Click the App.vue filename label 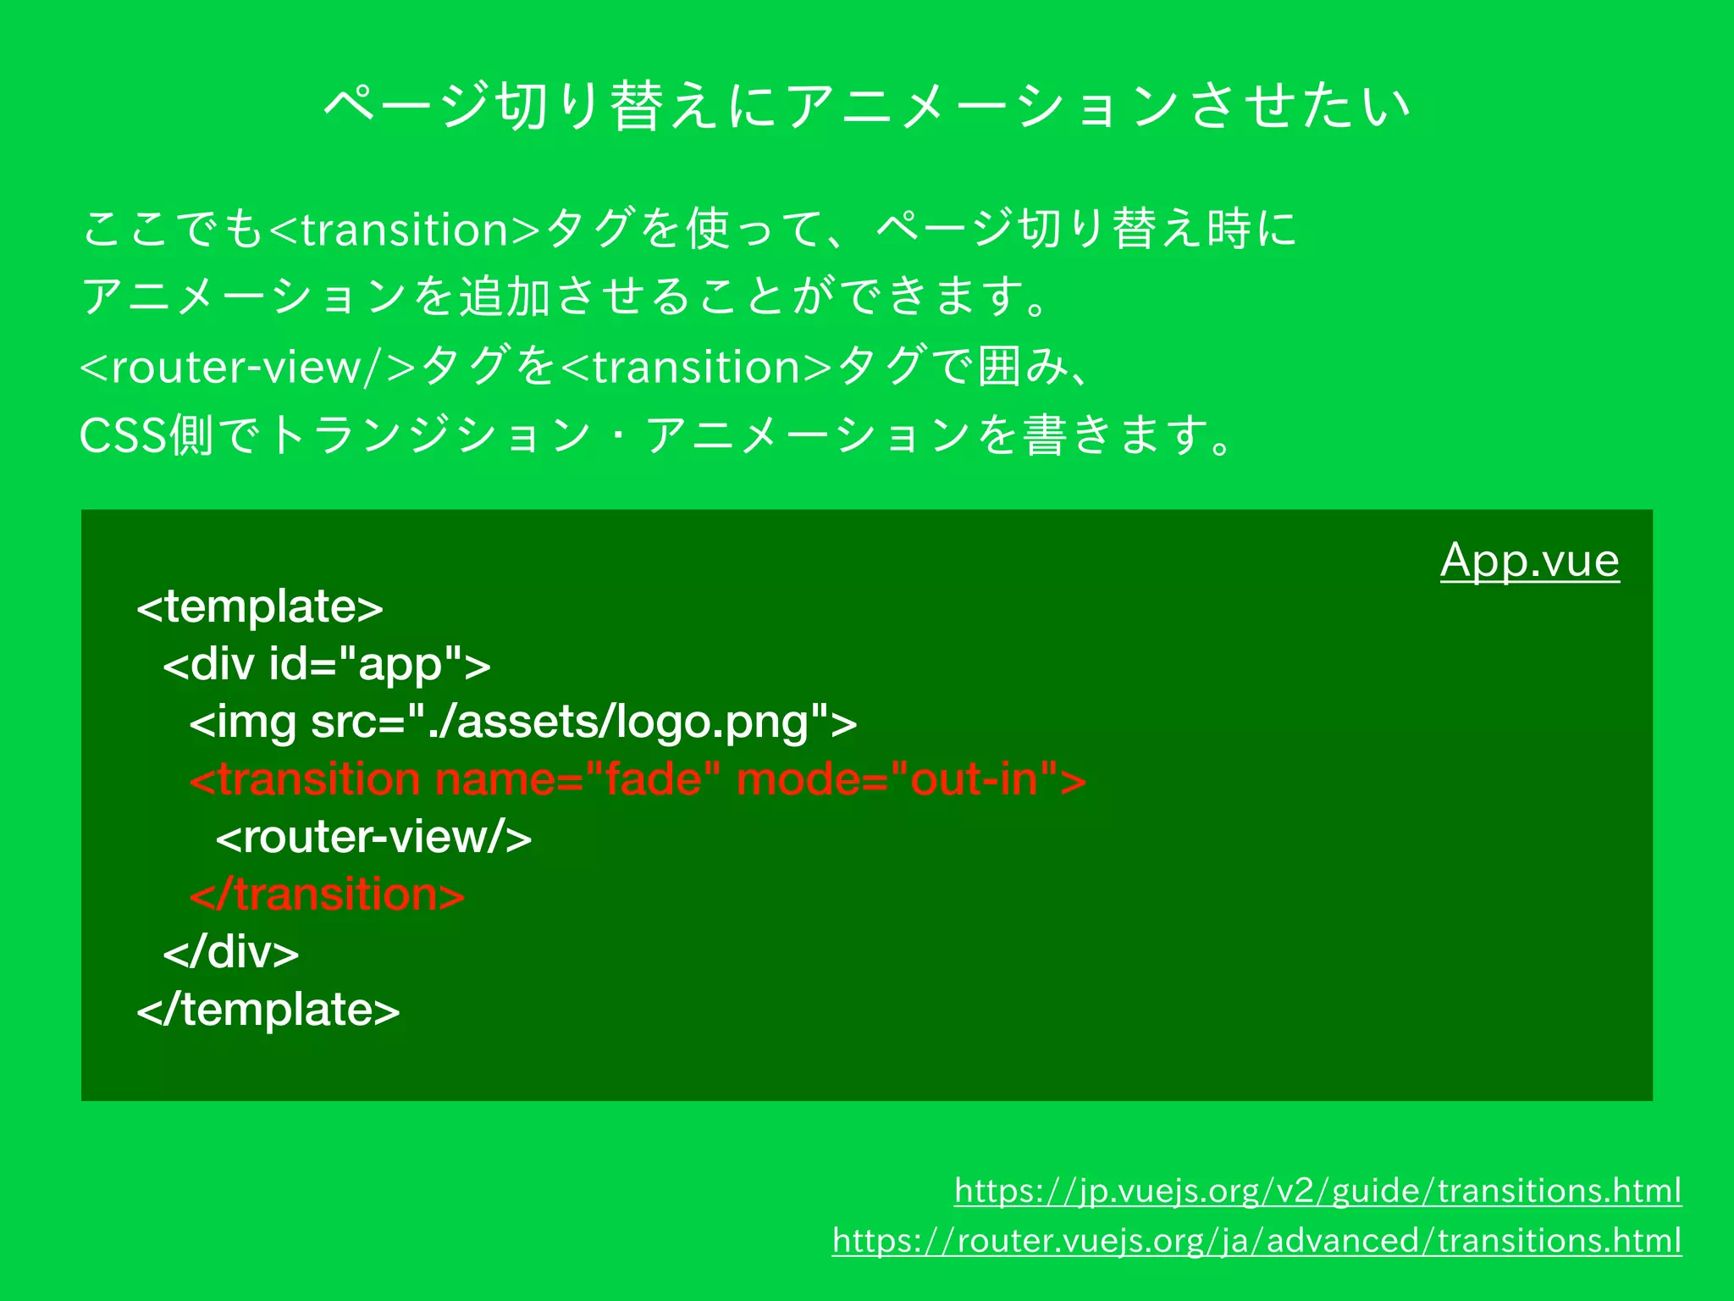[1529, 561]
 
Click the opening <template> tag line [260, 606]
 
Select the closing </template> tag [268, 1010]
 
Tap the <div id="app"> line [326, 664]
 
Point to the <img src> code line [522, 722]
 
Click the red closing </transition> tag [327, 894]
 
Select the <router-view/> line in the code [373, 837]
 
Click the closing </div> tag [230, 952]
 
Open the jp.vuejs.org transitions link [1317, 1191]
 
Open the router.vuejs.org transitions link [1256, 1241]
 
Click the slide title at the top [867, 106]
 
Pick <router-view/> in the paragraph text [247, 368]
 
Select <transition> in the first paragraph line [405, 230]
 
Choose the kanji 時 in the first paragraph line [1229, 230]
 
